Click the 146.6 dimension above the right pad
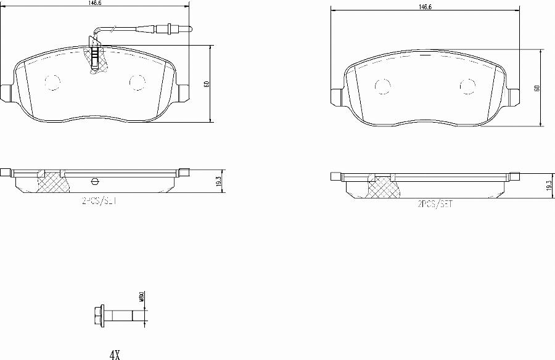point(424,7)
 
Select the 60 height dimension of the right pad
point(537,88)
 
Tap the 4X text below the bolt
point(114,354)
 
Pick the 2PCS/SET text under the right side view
point(435,204)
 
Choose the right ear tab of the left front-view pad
point(183,92)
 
